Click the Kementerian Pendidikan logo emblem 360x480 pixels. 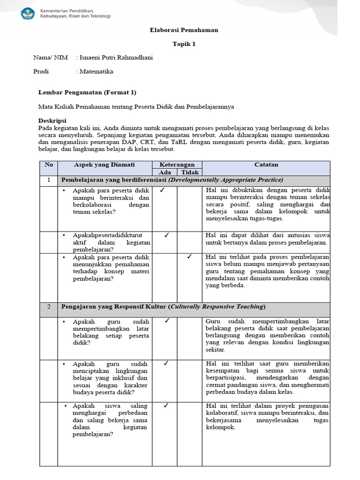coord(28,13)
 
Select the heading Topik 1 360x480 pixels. coord(183,44)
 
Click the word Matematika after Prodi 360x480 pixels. coord(96,72)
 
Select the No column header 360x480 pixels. coord(49,165)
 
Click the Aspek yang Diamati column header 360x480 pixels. coord(104,165)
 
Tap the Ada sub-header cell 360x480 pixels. coord(165,172)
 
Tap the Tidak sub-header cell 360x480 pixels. coord(189,172)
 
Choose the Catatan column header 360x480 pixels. coord(266,165)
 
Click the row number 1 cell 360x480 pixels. coord(49,180)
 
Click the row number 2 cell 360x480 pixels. coord(49,307)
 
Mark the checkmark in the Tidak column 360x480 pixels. coord(189,256)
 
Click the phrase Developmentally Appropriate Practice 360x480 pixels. coord(226,180)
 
